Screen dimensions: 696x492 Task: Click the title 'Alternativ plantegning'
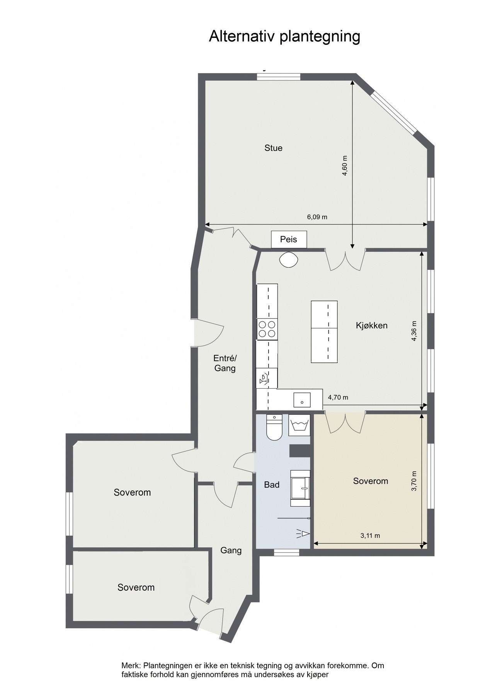(x=284, y=36)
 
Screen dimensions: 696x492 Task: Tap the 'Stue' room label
(x=273, y=148)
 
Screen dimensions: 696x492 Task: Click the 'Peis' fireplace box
(x=289, y=239)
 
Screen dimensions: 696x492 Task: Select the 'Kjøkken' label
(x=371, y=325)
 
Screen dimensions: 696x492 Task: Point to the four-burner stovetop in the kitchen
(x=267, y=329)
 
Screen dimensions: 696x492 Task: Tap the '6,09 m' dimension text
(x=317, y=217)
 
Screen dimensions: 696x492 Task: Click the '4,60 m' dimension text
(x=345, y=166)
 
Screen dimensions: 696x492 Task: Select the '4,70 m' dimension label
(x=338, y=397)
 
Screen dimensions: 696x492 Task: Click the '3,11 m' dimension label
(x=370, y=536)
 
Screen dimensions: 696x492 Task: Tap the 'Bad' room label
(x=272, y=484)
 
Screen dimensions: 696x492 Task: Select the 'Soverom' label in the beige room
(x=370, y=481)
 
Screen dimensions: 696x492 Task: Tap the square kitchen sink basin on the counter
(x=301, y=399)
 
